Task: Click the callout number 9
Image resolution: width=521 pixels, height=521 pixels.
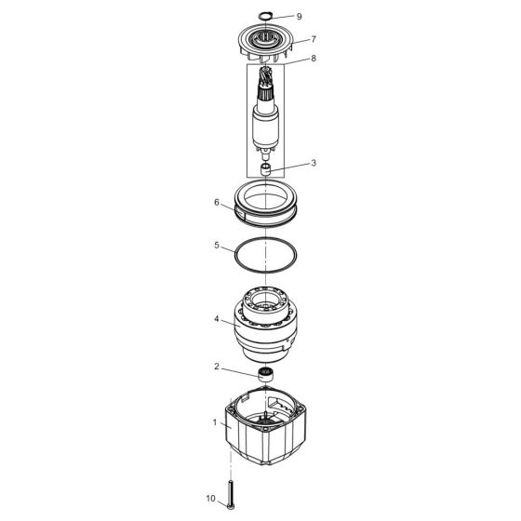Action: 300,17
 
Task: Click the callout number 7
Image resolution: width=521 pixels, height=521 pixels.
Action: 314,40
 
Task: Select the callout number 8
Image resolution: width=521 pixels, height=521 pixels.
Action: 314,59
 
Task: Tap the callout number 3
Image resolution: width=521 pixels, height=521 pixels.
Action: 314,163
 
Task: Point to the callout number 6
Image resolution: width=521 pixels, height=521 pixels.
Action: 216,202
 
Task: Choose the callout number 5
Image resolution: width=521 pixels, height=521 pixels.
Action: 216,247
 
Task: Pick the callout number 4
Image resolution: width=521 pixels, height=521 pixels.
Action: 216,319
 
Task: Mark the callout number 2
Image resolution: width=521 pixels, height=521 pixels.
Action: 217,367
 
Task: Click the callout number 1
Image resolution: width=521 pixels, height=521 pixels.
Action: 216,422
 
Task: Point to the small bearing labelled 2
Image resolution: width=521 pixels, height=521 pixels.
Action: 267,376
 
